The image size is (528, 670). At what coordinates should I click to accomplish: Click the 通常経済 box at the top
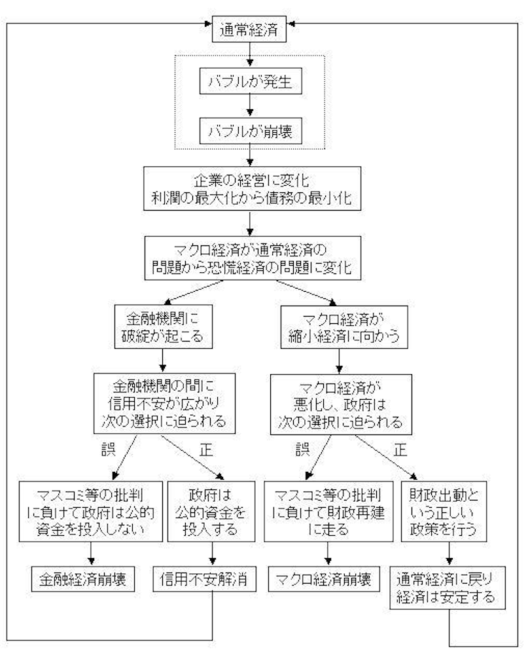(x=251, y=30)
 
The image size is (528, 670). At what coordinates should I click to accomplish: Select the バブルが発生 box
(x=251, y=84)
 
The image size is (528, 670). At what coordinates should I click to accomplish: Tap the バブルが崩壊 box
(x=251, y=132)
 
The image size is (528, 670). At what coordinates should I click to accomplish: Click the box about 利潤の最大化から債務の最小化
(x=251, y=189)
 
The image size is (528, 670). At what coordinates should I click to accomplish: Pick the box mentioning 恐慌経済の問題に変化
(x=251, y=258)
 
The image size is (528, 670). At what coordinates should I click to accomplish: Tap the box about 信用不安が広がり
(x=161, y=401)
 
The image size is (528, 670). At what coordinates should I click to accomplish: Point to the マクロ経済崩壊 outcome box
(x=328, y=578)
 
